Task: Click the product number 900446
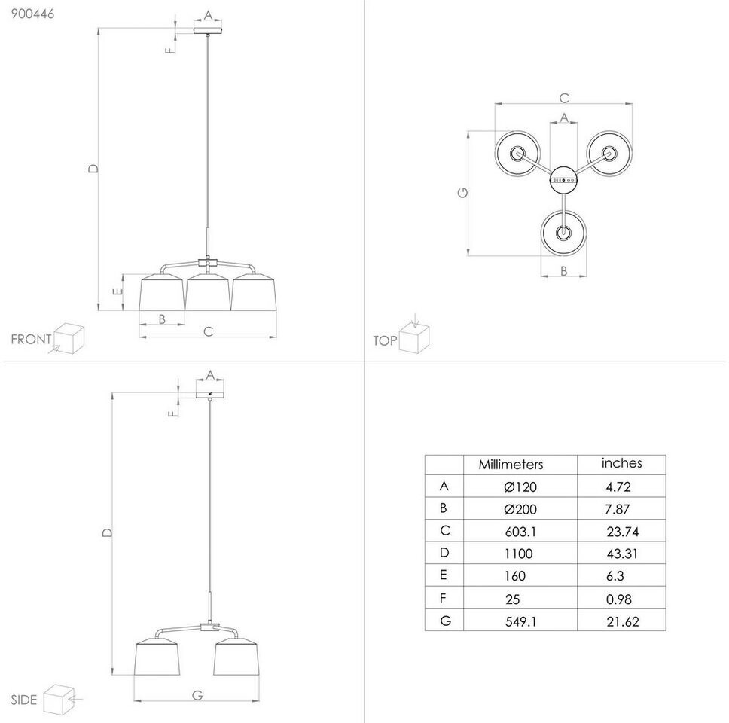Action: point(27,13)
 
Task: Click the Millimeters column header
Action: point(511,465)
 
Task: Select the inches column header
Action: point(621,463)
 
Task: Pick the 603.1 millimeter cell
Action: point(520,531)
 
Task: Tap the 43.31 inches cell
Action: point(621,554)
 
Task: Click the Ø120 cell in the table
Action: point(520,487)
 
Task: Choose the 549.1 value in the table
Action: point(520,621)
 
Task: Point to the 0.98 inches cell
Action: point(618,599)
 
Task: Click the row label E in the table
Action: point(444,575)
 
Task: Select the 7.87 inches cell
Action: point(618,509)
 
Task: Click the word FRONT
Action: point(31,340)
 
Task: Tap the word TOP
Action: point(385,341)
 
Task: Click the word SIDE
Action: point(23,700)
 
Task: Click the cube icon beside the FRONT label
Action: point(68,338)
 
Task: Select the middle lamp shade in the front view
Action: point(208,291)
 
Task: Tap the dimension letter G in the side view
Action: point(197,695)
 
